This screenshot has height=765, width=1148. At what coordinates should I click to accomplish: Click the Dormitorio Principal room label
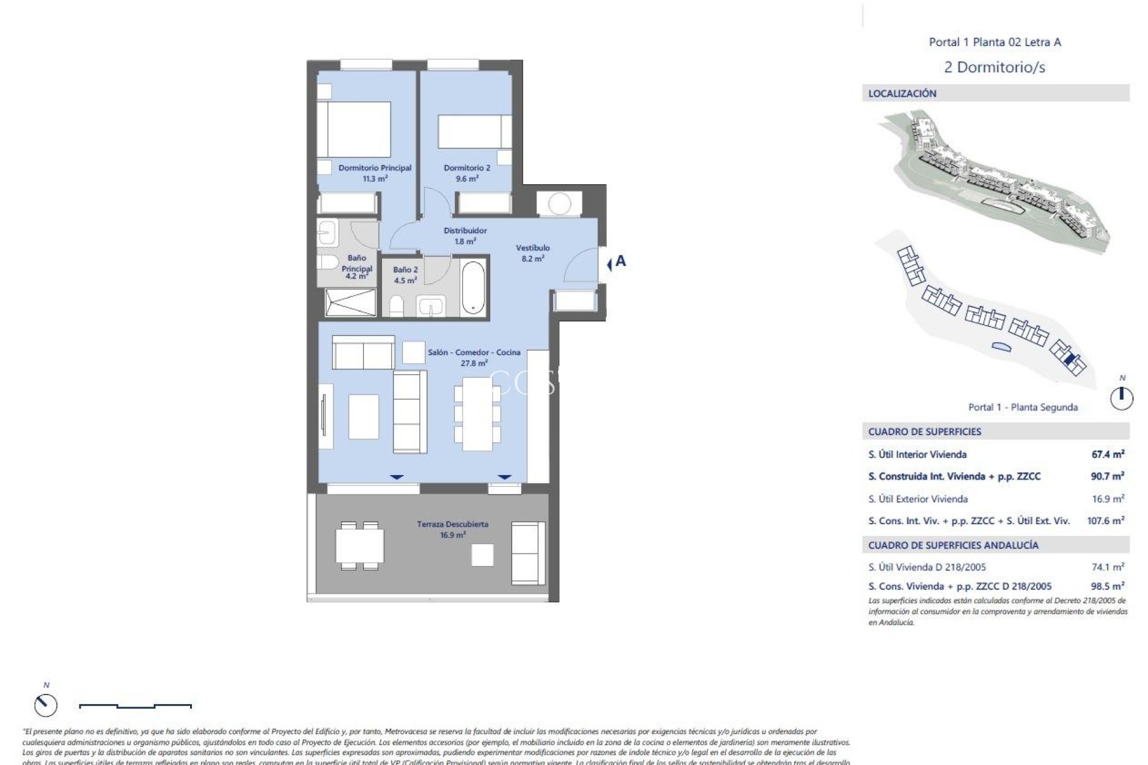(375, 173)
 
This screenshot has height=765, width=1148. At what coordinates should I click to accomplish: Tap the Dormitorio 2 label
(467, 173)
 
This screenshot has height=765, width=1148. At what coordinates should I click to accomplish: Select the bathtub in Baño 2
(474, 287)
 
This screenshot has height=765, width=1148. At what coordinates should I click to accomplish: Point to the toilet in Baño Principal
(328, 262)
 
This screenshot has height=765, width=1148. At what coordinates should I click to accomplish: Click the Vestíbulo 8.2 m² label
(532, 253)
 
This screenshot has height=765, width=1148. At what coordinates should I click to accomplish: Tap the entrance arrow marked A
(616, 262)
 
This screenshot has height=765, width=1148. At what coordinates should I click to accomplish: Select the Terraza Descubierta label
(453, 530)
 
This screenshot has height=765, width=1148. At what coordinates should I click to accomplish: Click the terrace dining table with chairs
(359, 546)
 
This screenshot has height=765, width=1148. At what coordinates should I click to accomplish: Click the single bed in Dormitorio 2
(475, 131)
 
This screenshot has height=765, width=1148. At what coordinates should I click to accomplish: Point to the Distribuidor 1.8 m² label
(465, 235)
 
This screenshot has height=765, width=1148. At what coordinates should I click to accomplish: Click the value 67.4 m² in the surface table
(1107, 454)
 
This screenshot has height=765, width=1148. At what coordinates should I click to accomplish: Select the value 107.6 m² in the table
(1105, 521)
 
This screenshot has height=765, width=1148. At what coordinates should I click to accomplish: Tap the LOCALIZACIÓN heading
(902, 93)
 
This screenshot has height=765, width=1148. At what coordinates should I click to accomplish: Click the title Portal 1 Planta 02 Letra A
(994, 42)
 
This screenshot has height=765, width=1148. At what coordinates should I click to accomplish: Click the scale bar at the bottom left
(135, 706)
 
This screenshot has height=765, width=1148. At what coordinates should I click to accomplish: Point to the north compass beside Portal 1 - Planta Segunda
(1122, 397)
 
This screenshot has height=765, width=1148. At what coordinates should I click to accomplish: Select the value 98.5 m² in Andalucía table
(1107, 586)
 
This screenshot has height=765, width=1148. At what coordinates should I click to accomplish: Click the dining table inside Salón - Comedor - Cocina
(477, 414)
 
